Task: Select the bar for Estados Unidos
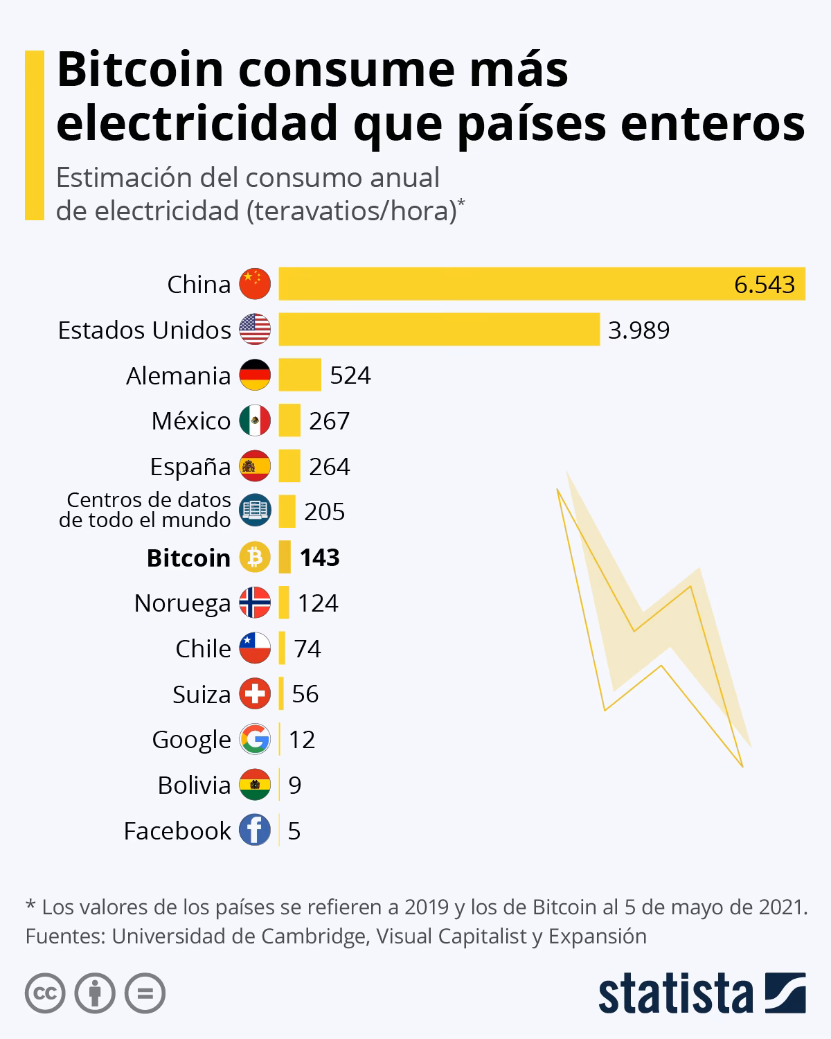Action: [439, 329]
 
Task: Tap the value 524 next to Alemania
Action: [350, 375]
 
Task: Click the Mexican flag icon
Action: [255, 420]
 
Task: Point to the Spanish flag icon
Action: [255, 466]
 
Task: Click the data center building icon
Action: [255, 511]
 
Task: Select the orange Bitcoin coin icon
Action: [255, 557]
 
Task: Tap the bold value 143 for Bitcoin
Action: [319, 558]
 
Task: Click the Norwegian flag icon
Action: [255, 603]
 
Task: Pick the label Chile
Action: [203, 649]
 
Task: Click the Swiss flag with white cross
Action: [255, 693]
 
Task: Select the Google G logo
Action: [255, 739]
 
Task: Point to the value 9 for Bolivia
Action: [295, 785]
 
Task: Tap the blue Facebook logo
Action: [255, 830]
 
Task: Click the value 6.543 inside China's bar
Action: [765, 285]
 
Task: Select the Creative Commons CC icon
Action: [45, 994]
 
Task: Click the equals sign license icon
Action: [145, 994]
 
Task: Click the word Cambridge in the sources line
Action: [312, 936]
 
